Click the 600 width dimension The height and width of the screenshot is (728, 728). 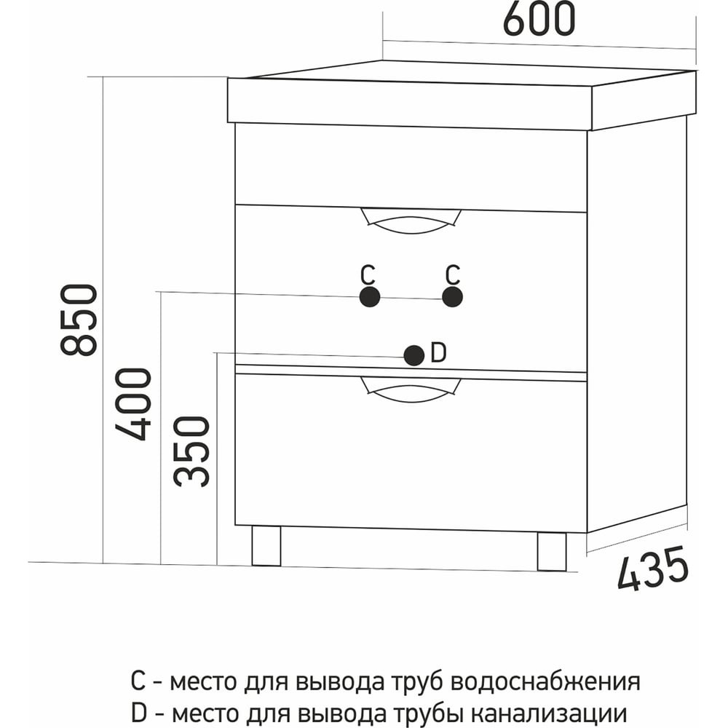point(539,20)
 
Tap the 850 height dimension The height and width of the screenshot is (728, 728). point(79,320)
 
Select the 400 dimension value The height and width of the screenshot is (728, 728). point(133,404)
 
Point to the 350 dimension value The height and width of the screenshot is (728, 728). point(191,451)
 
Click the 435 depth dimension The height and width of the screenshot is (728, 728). point(653,569)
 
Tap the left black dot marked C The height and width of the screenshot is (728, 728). point(370,297)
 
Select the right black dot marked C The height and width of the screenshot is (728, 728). point(452,297)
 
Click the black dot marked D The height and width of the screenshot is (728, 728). point(414,356)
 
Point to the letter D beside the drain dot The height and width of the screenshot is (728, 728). point(438,352)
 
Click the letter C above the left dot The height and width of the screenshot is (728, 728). point(368,274)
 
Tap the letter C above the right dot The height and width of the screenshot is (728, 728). point(453,274)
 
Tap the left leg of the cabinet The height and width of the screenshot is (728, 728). point(266,546)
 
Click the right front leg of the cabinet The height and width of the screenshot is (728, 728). point(552,551)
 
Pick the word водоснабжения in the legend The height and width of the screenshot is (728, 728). point(545,682)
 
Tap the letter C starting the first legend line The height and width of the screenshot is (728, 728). point(138,681)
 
